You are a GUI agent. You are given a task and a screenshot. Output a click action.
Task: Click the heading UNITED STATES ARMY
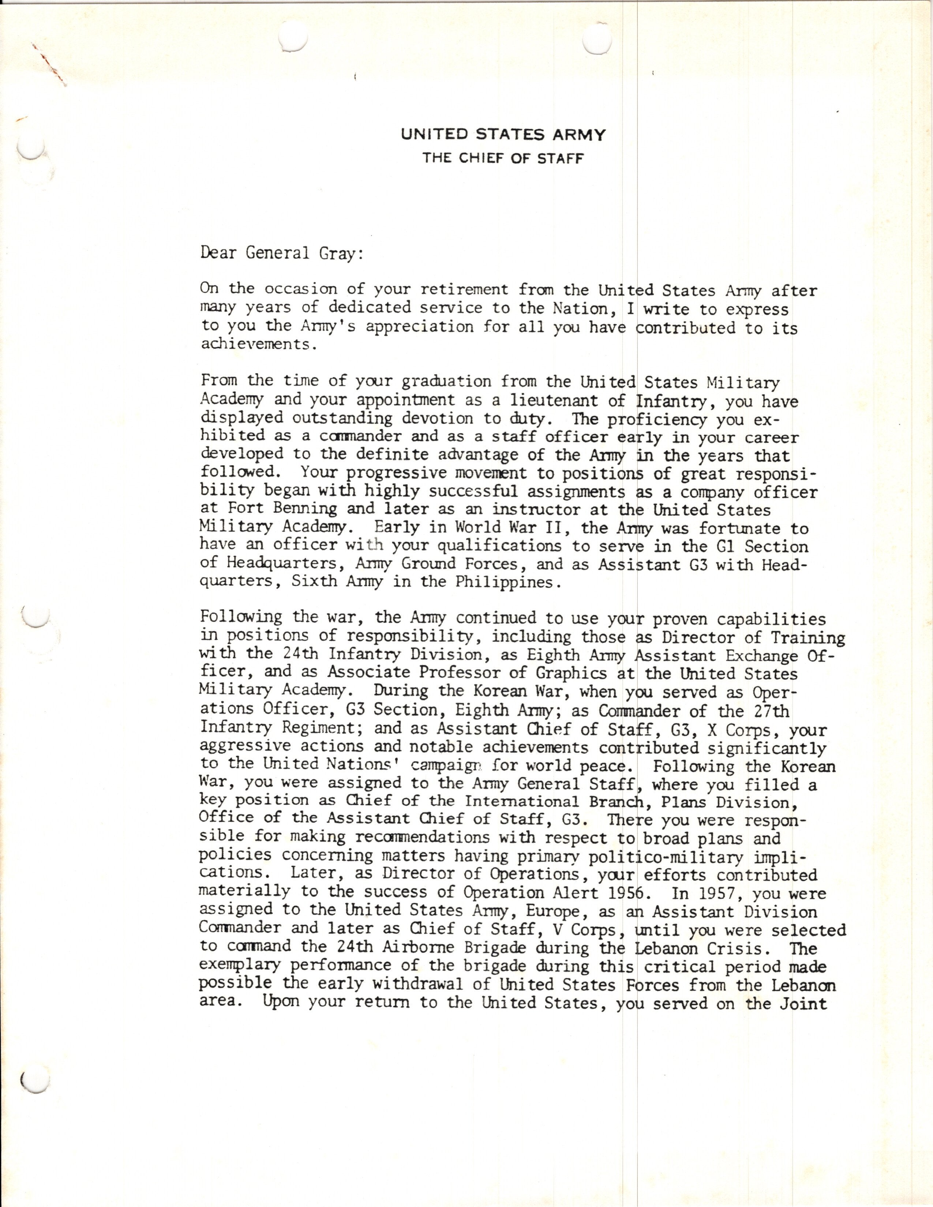[503, 135]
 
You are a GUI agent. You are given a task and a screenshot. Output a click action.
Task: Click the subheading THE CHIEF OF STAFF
[503, 159]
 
